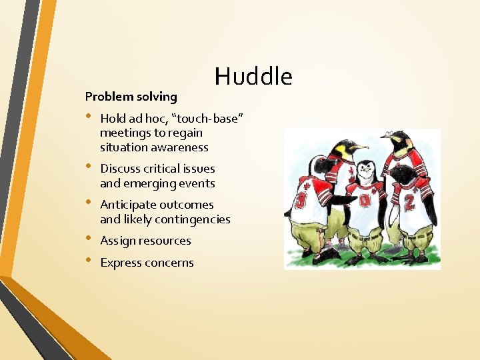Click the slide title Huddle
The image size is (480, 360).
point(253,77)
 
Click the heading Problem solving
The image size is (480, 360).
point(131,97)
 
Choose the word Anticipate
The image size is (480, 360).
point(128,205)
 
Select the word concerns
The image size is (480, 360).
point(171,263)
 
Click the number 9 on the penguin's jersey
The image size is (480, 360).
point(303,200)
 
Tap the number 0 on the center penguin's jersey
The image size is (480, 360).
point(365,201)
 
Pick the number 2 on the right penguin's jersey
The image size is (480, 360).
point(409,198)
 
